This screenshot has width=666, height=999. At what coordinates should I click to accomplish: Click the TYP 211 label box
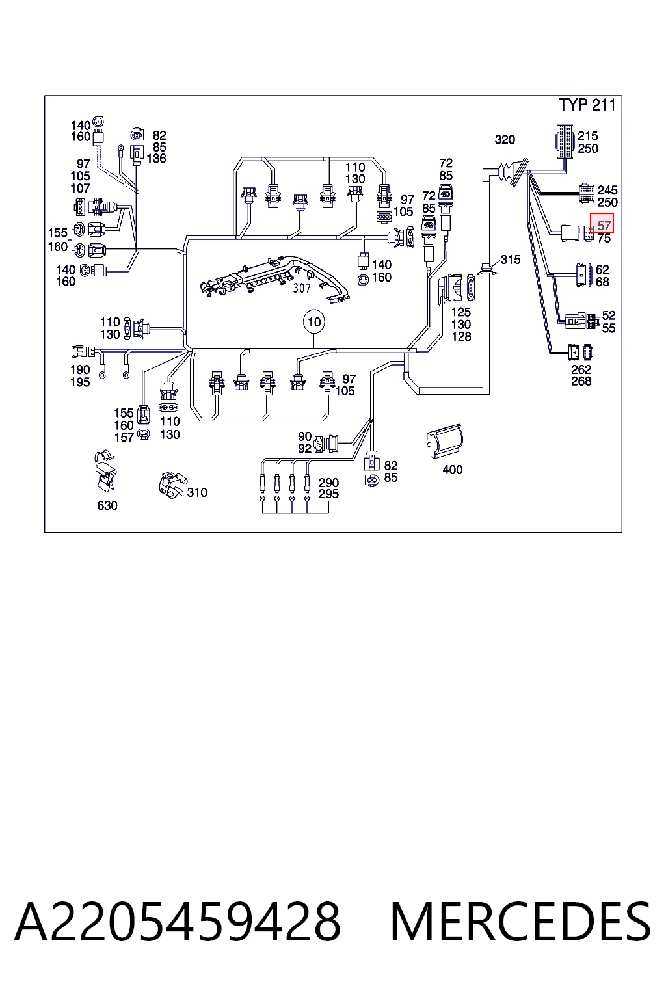coord(587,105)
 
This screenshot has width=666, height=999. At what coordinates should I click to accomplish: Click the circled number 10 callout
coord(314,321)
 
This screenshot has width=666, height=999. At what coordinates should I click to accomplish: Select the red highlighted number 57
coord(602,223)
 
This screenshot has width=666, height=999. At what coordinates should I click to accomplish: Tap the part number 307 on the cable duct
coord(302,288)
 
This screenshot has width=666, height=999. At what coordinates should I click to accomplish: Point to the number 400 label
coord(452,470)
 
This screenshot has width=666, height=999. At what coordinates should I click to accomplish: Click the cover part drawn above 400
coord(445,441)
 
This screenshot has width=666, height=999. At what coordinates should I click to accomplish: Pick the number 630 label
coord(107,505)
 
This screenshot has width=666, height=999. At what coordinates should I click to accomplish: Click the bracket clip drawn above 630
coord(106,470)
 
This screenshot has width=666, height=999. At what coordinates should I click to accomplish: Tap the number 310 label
coord(197,492)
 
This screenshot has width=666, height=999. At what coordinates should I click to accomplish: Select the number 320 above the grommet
coord(505,140)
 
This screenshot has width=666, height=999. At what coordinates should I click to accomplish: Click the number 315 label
coord(511,260)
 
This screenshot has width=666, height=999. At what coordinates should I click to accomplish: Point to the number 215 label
coord(588,135)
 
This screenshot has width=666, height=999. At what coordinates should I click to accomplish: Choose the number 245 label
coord(607,191)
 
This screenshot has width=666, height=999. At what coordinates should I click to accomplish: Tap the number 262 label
coord(581,369)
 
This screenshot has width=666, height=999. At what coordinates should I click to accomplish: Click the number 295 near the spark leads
coord(328,494)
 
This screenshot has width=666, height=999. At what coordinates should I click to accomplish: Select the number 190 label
coord(80,369)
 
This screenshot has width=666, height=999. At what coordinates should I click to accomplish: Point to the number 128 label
coord(461,336)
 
